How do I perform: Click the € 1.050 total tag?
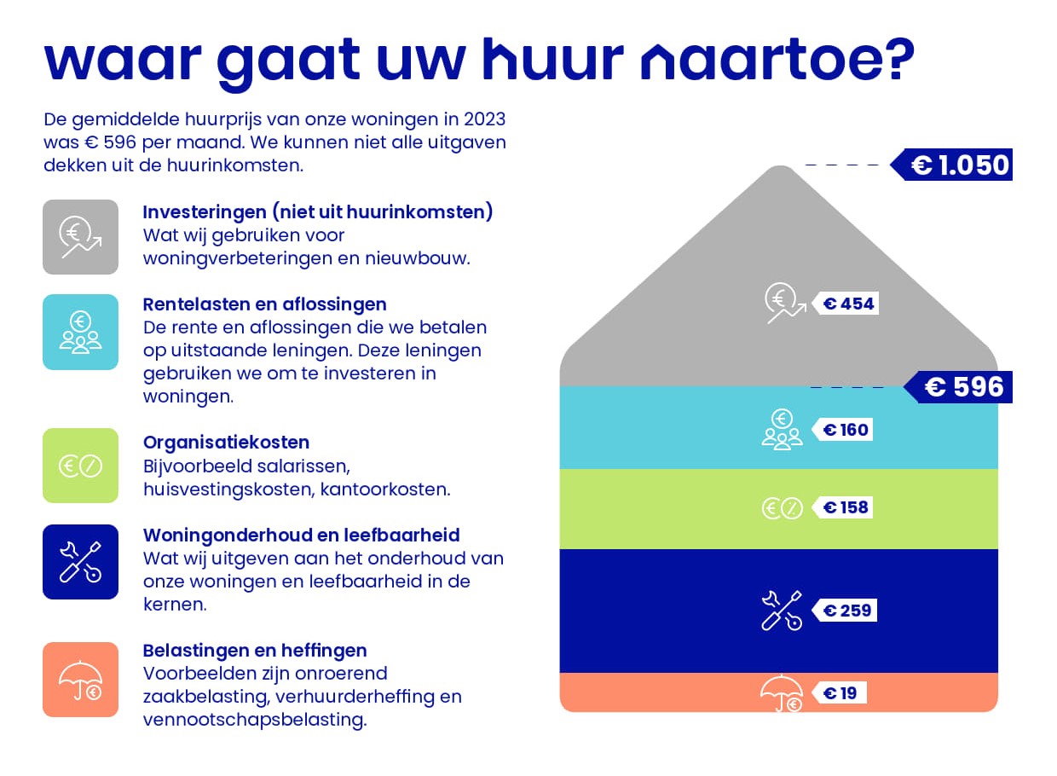pyautogui.click(x=951, y=165)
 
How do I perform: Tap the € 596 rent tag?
pyautogui.click(x=958, y=387)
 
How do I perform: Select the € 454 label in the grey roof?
pyautogui.click(x=846, y=304)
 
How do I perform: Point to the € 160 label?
pyautogui.click(x=842, y=430)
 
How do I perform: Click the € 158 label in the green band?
pyautogui.click(x=842, y=507)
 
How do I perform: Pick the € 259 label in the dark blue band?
pyautogui.click(x=844, y=611)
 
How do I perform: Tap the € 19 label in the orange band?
pyautogui.click(x=839, y=693)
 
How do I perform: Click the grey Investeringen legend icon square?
pyautogui.click(x=81, y=237)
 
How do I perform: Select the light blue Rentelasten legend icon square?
pyautogui.click(x=81, y=332)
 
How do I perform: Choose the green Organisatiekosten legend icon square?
pyautogui.click(x=81, y=466)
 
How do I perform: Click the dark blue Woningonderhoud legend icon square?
pyautogui.click(x=81, y=562)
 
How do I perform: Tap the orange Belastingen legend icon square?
pyautogui.click(x=81, y=680)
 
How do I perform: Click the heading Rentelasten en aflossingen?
pyautogui.click(x=265, y=305)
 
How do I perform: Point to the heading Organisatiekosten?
pyautogui.click(x=227, y=443)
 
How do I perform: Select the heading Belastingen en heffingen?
pyautogui.click(x=255, y=651)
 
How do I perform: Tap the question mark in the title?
pyautogui.click(x=899, y=59)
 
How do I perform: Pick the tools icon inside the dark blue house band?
pyautogui.click(x=782, y=611)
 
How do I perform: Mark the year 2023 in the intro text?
pyautogui.click(x=485, y=119)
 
